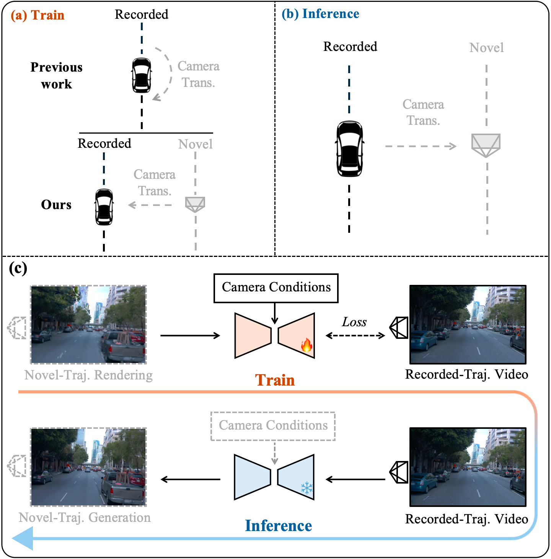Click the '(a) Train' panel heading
[x=37, y=15]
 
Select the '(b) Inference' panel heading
[x=320, y=14]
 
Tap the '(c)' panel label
[x=18, y=268]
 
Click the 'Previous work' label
[x=56, y=75]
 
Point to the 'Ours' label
[x=56, y=205]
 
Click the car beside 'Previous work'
[x=142, y=75]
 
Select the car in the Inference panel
[x=349, y=149]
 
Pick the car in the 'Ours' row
[x=104, y=207]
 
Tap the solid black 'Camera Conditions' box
[x=276, y=288]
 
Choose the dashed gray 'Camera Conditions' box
[x=273, y=426]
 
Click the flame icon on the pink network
[x=306, y=345]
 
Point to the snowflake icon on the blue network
[x=306, y=488]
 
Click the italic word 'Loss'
[x=354, y=322]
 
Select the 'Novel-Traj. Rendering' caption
[x=88, y=375]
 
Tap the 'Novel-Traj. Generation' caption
[x=85, y=518]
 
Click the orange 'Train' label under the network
[x=275, y=380]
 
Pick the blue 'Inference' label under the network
[x=278, y=526]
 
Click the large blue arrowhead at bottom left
[x=23, y=538]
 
